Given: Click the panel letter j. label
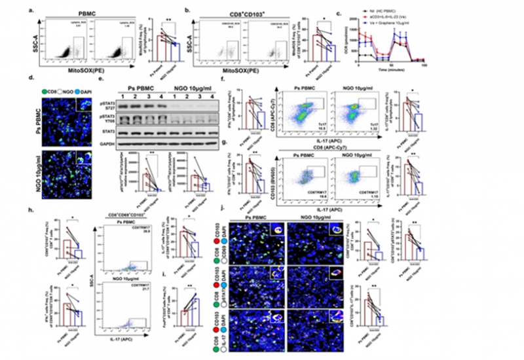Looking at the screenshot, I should click(x=209, y=211).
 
